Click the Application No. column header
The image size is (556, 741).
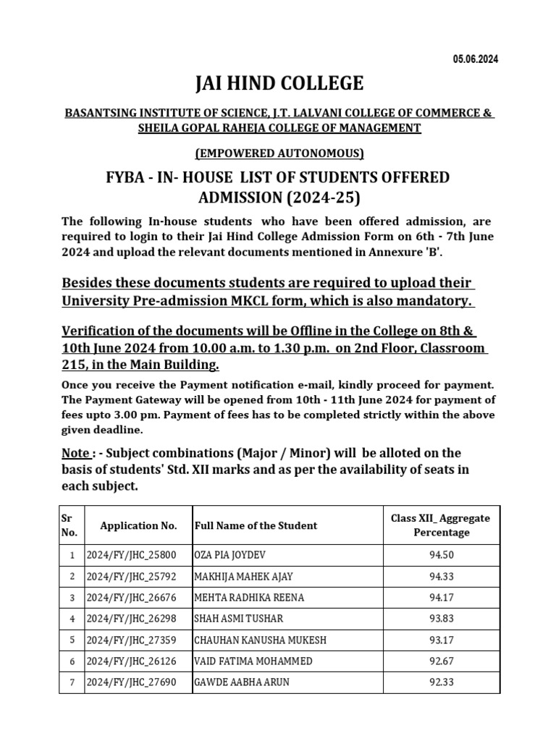(138, 525)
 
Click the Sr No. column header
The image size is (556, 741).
(72, 525)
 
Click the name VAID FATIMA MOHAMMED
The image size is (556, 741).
(253, 661)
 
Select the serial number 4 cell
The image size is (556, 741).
(72, 619)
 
